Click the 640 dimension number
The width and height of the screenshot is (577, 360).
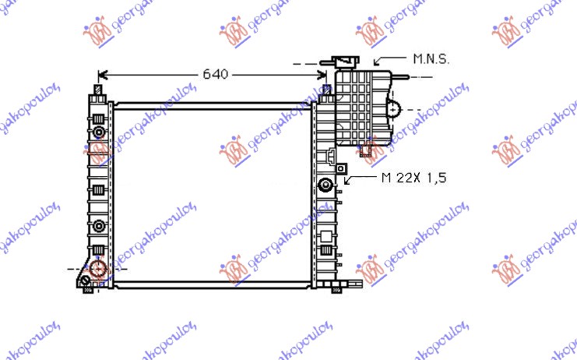215,75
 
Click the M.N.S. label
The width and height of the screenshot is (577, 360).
431,58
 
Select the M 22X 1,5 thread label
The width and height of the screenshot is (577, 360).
414,178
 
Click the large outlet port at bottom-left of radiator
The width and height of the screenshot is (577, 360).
97,269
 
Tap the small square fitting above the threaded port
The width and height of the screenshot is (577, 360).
340,167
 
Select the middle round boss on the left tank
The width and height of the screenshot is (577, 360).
98,227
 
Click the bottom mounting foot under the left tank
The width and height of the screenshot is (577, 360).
88,288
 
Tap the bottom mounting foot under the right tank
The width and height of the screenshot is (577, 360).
336,288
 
